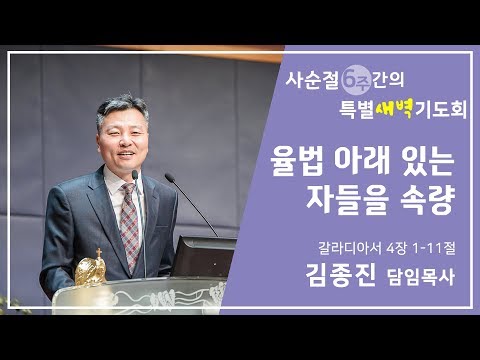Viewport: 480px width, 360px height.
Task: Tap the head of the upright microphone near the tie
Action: point(136,177)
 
